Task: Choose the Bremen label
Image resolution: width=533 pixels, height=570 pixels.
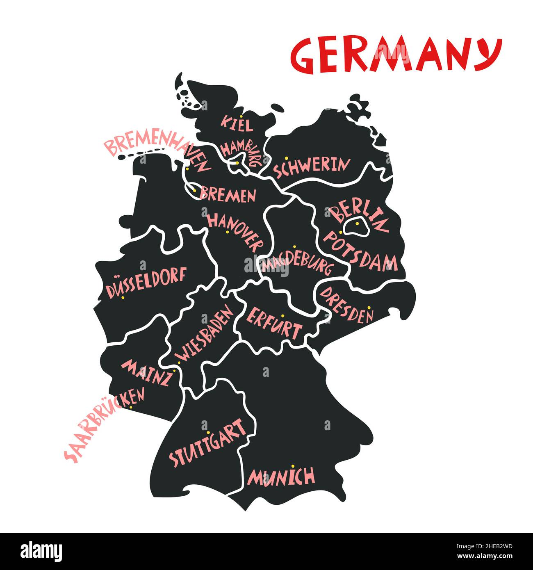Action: point(228,195)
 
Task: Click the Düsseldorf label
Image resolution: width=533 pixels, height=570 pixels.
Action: point(146,283)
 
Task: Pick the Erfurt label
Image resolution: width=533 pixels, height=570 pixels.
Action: point(274,322)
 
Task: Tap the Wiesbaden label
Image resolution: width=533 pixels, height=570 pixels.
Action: point(204,335)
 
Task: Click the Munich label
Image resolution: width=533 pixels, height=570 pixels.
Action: point(281,477)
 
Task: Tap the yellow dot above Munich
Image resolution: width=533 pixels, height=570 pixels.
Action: point(293,466)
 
